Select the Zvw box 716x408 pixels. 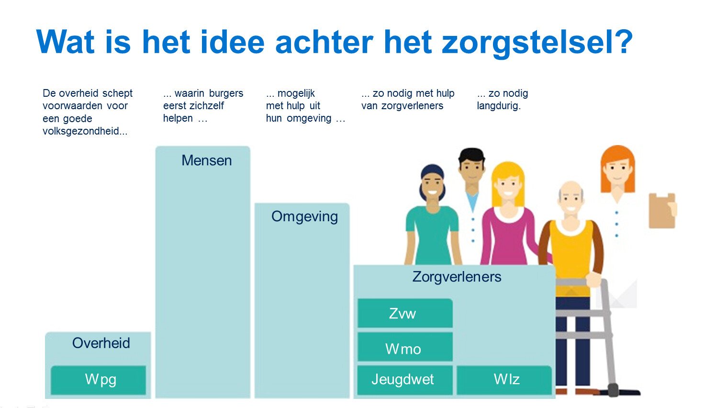coord(404,314)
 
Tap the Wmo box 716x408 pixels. coord(404,348)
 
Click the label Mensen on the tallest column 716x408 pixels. coord(206,160)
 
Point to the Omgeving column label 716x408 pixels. coord(304,216)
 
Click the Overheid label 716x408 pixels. coord(101,343)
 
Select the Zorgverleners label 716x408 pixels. coord(457,277)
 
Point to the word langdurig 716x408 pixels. coord(498,106)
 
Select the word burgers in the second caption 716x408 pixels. coord(226,93)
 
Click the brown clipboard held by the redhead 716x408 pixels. coord(661,211)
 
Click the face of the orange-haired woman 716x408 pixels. coord(617,169)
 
